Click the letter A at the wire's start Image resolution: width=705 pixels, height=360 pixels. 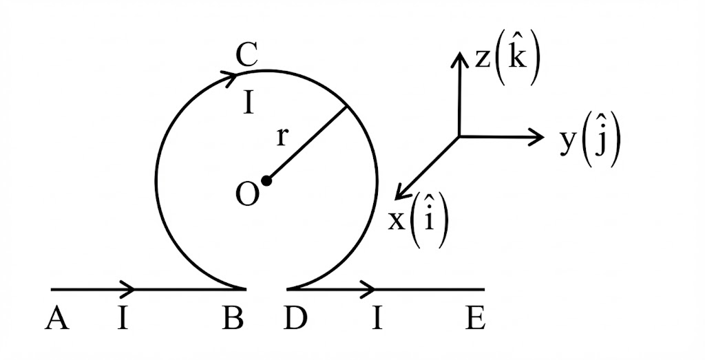coord(58,319)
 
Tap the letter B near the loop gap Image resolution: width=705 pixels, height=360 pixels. coord(231,319)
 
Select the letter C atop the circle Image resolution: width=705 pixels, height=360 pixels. coord(246,55)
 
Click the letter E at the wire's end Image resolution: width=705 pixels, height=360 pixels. coord(475,319)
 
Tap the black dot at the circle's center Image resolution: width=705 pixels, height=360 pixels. coord(267,181)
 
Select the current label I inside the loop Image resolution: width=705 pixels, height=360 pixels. coord(249,104)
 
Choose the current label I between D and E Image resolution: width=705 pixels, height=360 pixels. coord(377,319)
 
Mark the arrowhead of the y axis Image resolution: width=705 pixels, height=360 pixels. coord(537,137)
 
